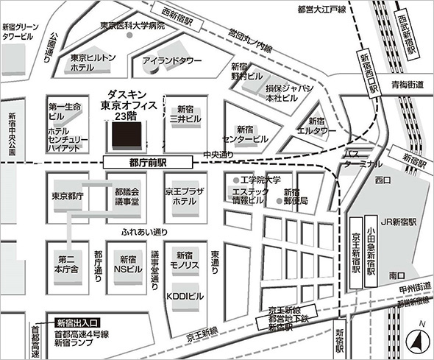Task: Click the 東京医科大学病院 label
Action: tap(133, 26)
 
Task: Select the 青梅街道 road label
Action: tap(408, 85)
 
